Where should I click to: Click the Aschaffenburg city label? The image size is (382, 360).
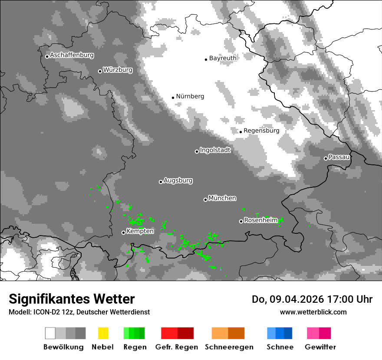(72, 55)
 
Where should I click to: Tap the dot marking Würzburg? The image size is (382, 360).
(100, 71)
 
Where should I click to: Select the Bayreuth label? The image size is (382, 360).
(223, 58)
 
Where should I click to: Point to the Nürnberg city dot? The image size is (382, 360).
(173, 98)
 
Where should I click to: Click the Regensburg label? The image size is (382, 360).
(261, 131)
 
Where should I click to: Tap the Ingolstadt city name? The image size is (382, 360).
(215, 150)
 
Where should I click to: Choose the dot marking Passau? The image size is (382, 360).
(326, 158)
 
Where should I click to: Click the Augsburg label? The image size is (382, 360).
(178, 180)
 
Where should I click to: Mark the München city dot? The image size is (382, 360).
(205, 200)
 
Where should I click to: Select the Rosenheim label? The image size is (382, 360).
(260, 220)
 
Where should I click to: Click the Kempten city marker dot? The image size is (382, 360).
(123, 232)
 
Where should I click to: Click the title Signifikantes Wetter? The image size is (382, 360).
(72, 299)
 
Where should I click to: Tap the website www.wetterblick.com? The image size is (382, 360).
(313, 312)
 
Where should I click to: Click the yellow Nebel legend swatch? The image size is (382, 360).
(103, 333)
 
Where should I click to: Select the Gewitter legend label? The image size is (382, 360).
(320, 347)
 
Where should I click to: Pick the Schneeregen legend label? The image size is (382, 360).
(229, 347)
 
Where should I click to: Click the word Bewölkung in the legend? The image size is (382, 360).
(63, 347)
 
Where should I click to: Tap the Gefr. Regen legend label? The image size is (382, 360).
(177, 347)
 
